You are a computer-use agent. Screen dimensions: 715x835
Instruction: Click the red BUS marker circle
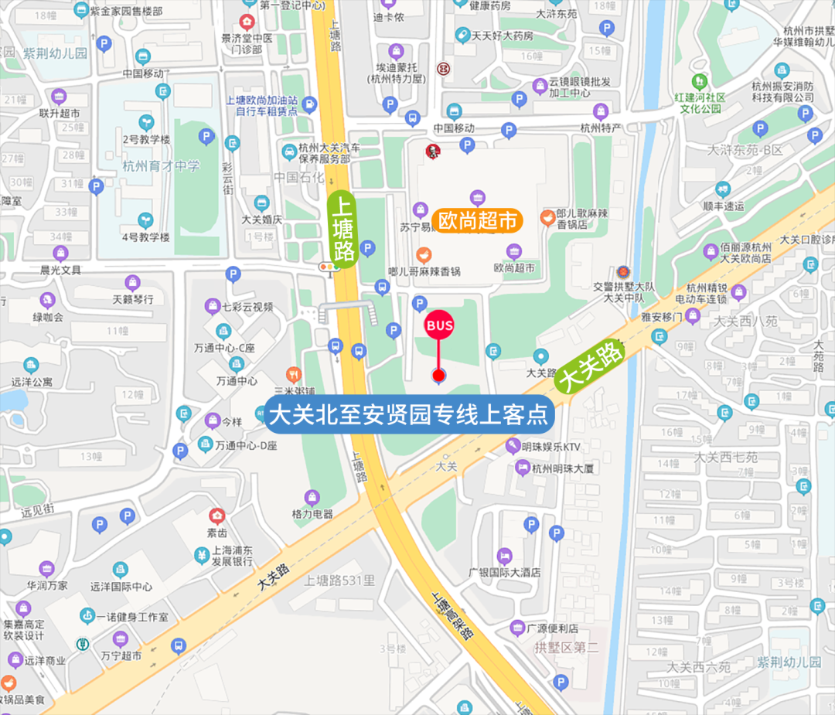pos(439,326)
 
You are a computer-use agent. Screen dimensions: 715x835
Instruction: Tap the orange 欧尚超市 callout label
pos(477,220)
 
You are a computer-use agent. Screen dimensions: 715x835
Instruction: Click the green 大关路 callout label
pos(591,367)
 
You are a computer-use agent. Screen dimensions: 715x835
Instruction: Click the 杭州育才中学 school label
pos(161,166)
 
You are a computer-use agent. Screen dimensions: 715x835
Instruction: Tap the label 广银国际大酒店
pos(505,573)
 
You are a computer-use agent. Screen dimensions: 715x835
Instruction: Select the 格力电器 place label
pos(312,513)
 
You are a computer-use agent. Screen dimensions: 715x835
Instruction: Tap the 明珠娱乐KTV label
pos(550,447)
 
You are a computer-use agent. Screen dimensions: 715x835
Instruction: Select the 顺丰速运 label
pos(723,206)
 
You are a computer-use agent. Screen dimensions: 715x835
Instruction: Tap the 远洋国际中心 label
pos(121,586)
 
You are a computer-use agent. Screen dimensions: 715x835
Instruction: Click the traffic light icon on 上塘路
pos(330,267)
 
